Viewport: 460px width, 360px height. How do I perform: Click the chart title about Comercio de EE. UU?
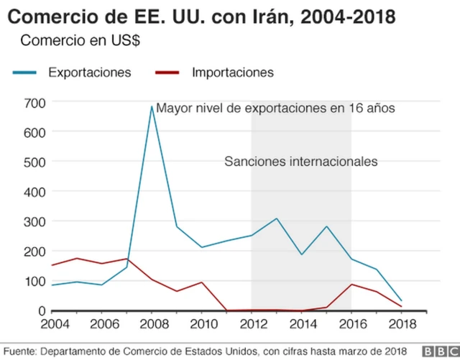point(201,15)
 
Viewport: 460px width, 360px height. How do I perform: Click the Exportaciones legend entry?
point(89,73)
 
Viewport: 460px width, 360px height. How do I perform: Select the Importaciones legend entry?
point(233,73)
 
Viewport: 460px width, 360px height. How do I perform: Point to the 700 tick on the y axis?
point(34,103)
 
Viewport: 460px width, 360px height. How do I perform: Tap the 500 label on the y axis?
point(34,162)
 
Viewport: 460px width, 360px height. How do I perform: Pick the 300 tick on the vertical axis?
point(34,221)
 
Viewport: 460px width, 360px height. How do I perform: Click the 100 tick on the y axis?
point(34,281)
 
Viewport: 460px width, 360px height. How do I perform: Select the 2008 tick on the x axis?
point(152,325)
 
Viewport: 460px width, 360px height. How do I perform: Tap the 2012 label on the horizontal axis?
point(252,325)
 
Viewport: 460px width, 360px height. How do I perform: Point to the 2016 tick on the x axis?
point(351,325)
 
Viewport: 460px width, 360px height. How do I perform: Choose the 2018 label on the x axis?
point(400,325)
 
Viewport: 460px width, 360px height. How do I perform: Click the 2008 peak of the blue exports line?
point(152,107)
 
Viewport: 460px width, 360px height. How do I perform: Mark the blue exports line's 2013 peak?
point(277,218)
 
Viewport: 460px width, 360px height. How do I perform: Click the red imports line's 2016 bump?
point(351,285)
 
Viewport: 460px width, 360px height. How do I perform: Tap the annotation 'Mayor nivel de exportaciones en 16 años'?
point(276,109)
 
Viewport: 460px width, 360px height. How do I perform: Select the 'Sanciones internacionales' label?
point(301,162)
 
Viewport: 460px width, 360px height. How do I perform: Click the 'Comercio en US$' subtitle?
point(80,40)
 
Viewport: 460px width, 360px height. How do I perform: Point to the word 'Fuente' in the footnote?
point(18,351)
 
